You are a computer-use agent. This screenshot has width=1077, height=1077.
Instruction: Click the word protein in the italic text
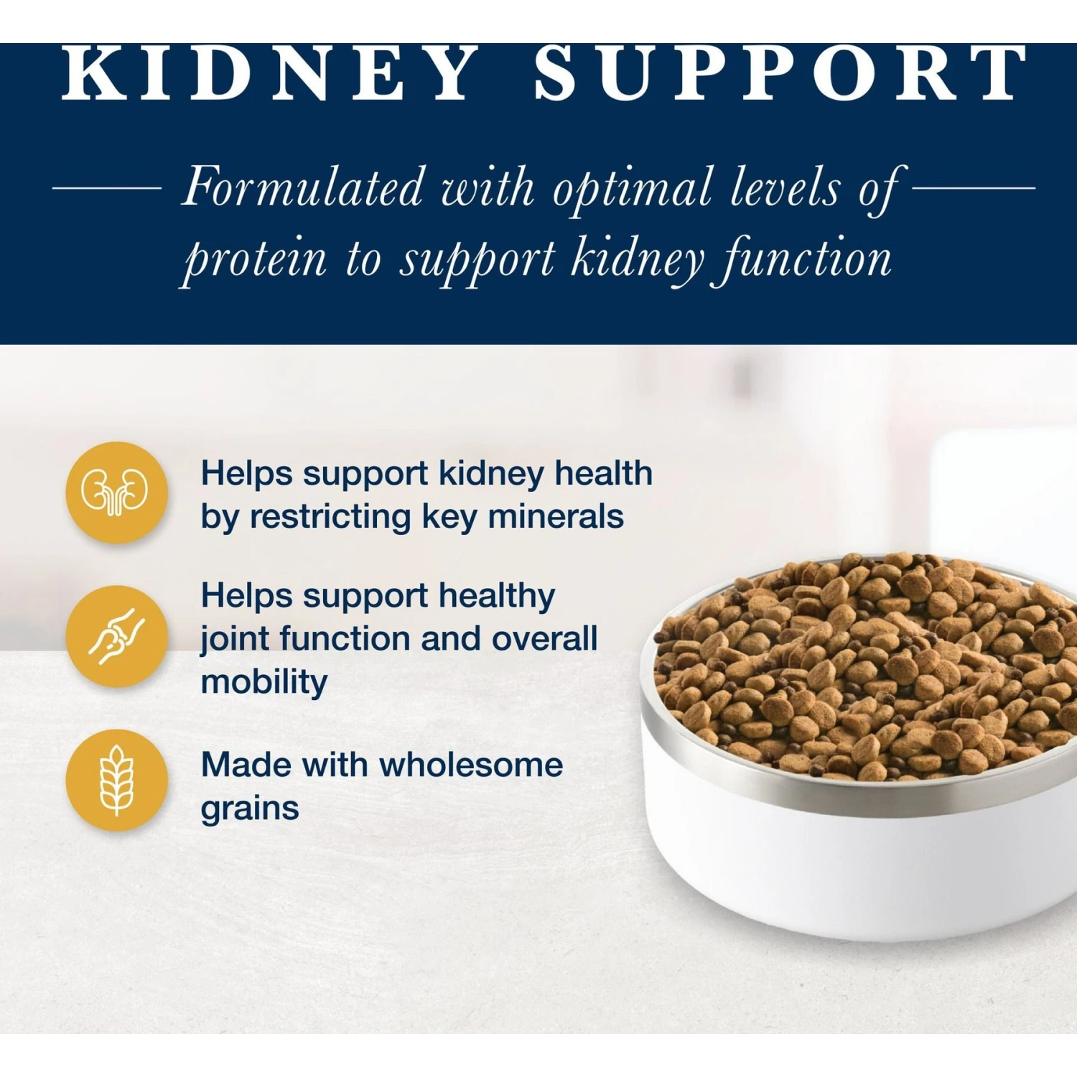[x=256, y=260]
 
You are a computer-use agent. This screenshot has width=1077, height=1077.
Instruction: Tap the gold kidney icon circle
[x=116, y=493]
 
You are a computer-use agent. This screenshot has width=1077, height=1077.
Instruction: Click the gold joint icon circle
[x=116, y=636]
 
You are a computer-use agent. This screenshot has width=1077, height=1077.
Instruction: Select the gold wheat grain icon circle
[x=116, y=780]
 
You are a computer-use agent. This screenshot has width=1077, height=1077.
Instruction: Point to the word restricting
[x=330, y=518]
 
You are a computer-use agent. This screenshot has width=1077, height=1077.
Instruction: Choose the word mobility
[x=264, y=682]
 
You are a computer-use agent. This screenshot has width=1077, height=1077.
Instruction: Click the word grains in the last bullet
[x=250, y=809]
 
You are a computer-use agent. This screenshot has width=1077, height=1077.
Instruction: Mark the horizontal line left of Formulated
[x=107, y=188]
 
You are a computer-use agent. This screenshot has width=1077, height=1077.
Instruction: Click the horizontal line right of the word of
[x=974, y=188]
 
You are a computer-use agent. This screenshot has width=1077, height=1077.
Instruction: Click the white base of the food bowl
[x=826, y=876]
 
